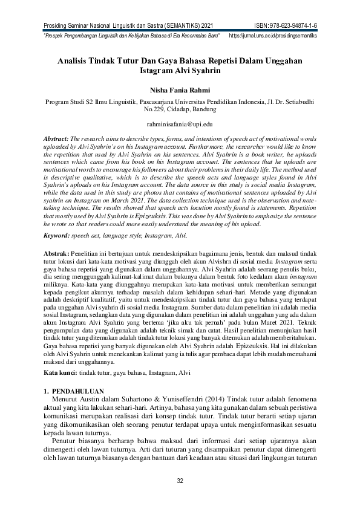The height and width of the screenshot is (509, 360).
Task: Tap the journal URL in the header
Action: pyautogui.click(x=273, y=36)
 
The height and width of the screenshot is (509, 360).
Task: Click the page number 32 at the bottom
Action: pyautogui.click(x=180, y=481)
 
